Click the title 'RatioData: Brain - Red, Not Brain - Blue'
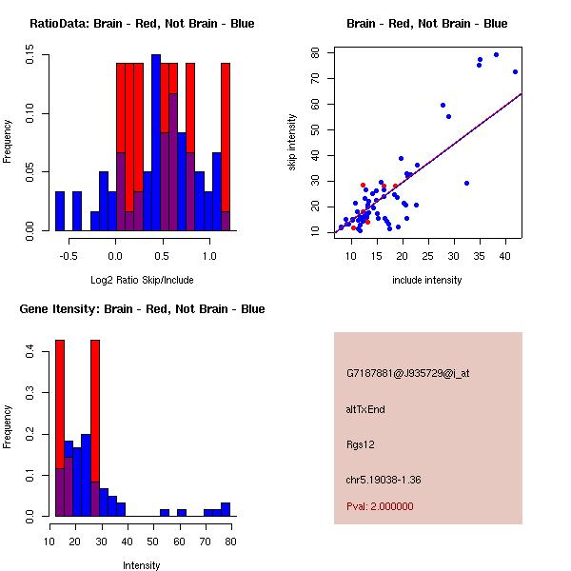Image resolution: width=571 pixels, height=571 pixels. tap(142, 24)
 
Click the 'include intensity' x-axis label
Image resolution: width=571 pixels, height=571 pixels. tap(427, 280)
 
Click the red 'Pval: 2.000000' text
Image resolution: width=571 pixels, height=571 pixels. tap(385, 507)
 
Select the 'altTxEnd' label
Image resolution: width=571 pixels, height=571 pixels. tap(365, 409)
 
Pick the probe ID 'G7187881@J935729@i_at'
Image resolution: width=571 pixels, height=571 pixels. tap(408, 373)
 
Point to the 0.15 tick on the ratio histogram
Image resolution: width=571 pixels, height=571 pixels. tap(30, 58)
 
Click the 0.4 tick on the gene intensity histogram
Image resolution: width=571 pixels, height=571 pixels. tap(30, 352)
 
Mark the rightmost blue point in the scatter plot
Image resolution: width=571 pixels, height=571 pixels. tap(515, 71)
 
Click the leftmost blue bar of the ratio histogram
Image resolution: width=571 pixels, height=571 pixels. tap(59, 210)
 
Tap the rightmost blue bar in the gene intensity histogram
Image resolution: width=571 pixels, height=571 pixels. tap(226, 509)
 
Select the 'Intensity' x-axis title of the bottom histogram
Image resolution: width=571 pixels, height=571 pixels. tap(142, 565)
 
